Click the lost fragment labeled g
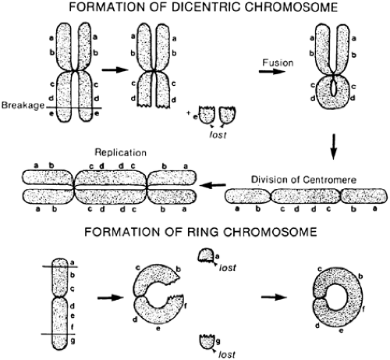tap(207, 340)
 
